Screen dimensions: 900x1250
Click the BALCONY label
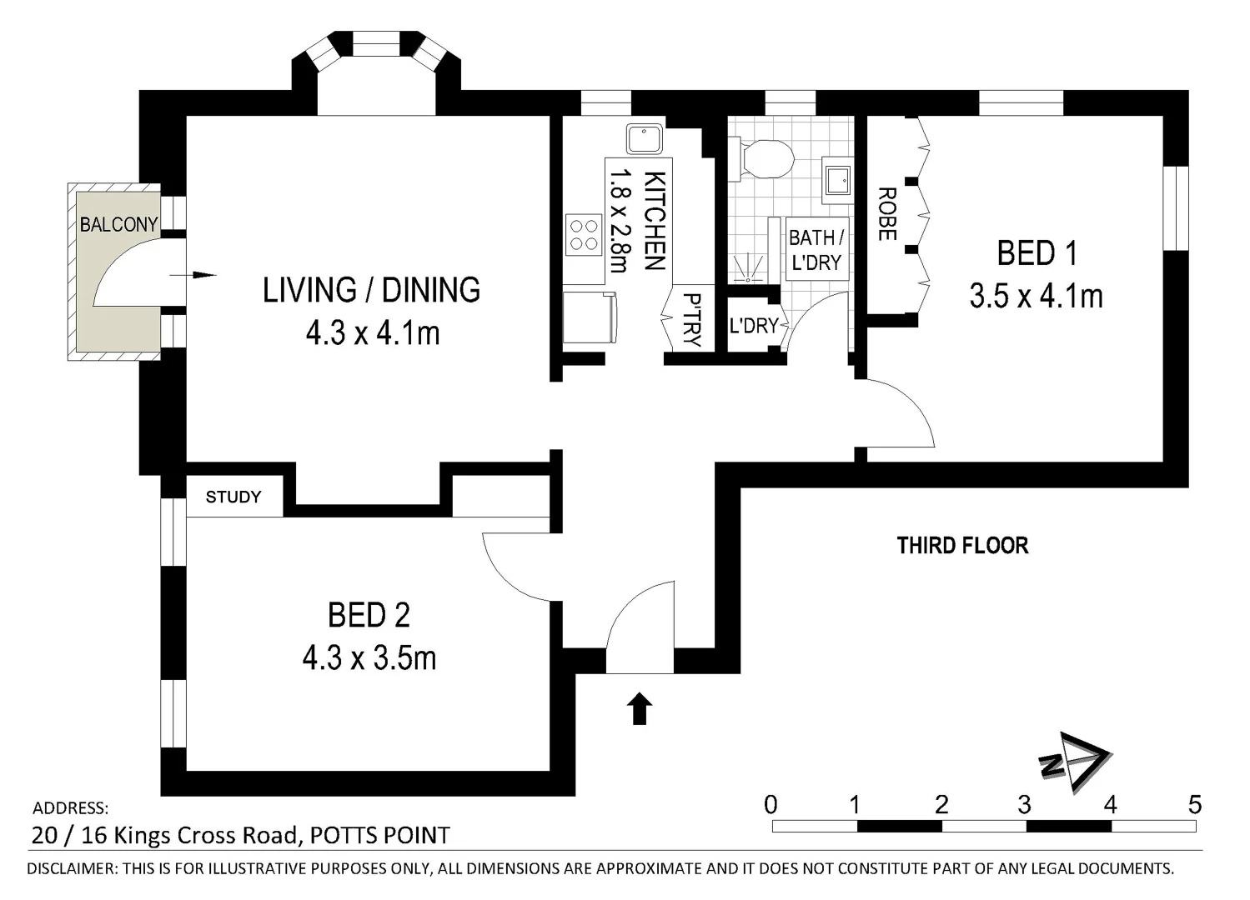(x=118, y=224)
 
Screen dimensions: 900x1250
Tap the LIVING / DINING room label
(x=371, y=290)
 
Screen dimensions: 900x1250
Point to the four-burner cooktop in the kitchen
(x=584, y=234)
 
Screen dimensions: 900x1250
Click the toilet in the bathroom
(x=762, y=158)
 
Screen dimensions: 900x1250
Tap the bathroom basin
(x=836, y=180)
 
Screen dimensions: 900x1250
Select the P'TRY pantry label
(x=691, y=319)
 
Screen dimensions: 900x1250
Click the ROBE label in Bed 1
(x=886, y=214)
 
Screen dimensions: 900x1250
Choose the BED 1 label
(x=1037, y=253)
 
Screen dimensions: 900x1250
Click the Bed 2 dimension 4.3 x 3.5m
(x=369, y=658)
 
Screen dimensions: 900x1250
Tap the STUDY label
(x=233, y=497)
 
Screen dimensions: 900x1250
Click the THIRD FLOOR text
(x=962, y=546)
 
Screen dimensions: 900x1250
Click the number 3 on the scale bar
(x=1024, y=804)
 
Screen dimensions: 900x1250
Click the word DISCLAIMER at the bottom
(x=71, y=868)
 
